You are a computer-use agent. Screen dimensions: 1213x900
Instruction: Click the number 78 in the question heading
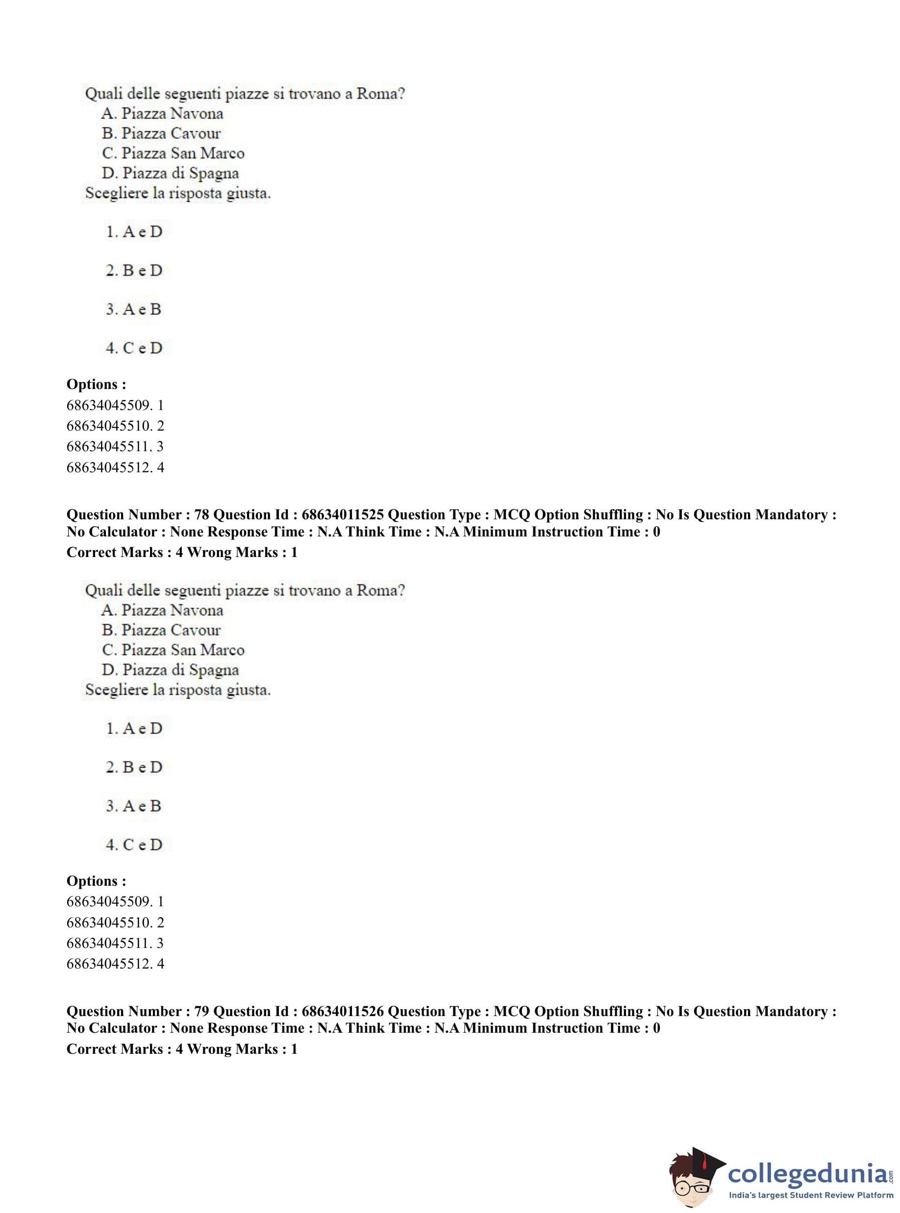coord(201,514)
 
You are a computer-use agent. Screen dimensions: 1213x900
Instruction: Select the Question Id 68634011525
coord(343,514)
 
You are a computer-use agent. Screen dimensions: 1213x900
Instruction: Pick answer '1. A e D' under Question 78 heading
coord(134,728)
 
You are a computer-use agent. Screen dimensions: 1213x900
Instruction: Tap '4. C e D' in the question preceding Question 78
coord(134,348)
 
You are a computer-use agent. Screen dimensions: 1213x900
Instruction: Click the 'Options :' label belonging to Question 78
coord(97,881)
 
